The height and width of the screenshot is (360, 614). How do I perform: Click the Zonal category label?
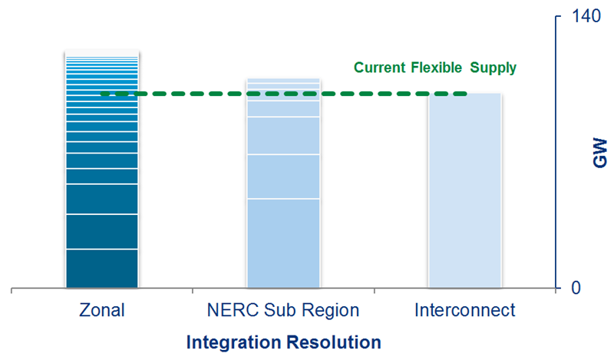102,311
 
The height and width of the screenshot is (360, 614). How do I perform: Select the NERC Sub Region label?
282,311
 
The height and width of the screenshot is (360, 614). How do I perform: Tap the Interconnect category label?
464,311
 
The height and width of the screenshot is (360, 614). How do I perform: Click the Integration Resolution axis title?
283,342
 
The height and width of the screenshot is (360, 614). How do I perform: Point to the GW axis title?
599,154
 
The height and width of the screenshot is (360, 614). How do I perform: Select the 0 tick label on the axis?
574,289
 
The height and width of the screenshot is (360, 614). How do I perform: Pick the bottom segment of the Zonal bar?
102,269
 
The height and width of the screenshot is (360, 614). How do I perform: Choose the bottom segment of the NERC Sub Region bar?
282,243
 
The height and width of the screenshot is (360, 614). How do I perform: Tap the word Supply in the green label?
494,68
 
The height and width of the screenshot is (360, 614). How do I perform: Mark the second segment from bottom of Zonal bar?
102,232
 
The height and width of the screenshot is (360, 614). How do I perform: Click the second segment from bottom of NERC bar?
282,177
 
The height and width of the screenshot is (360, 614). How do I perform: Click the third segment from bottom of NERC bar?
282,136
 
